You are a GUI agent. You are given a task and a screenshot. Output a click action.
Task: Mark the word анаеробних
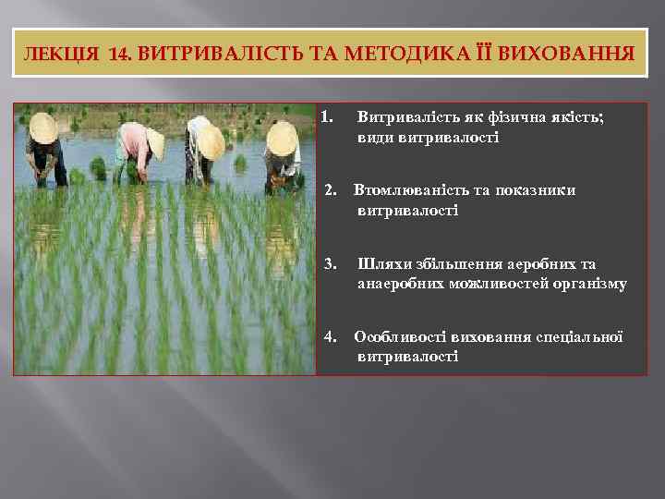[400, 284]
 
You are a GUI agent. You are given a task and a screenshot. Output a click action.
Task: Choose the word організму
[586, 284]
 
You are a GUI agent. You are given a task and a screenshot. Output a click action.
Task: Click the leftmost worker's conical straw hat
[42, 127]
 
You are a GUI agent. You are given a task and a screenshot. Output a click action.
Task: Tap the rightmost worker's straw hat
[281, 139]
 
